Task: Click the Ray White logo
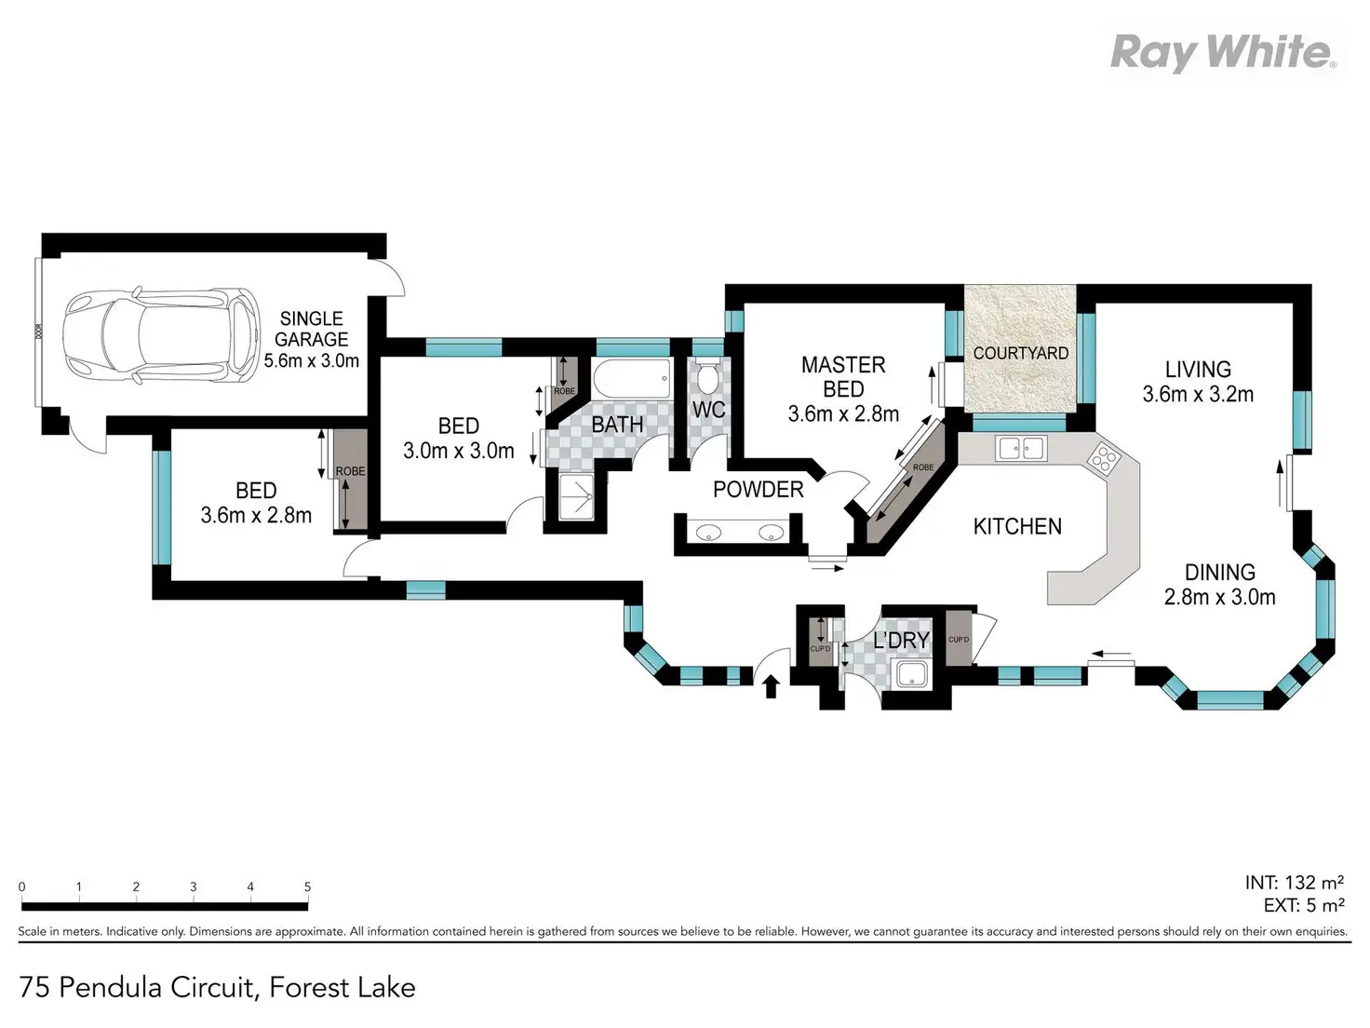click(x=1223, y=52)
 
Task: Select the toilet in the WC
click(x=708, y=377)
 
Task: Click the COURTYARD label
click(x=1020, y=353)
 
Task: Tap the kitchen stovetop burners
click(x=1105, y=457)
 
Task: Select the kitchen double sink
click(x=1021, y=449)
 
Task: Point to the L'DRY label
click(x=900, y=641)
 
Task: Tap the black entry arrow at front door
click(x=771, y=687)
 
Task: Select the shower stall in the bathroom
click(x=575, y=499)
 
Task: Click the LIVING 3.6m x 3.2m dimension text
click(x=1198, y=394)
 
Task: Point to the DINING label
click(x=1219, y=572)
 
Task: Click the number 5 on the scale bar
click(x=307, y=886)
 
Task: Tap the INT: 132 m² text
click(x=1294, y=882)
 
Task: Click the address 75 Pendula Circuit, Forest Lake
click(x=218, y=987)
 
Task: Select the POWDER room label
click(x=758, y=489)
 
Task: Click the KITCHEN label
click(x=1017, y=526)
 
